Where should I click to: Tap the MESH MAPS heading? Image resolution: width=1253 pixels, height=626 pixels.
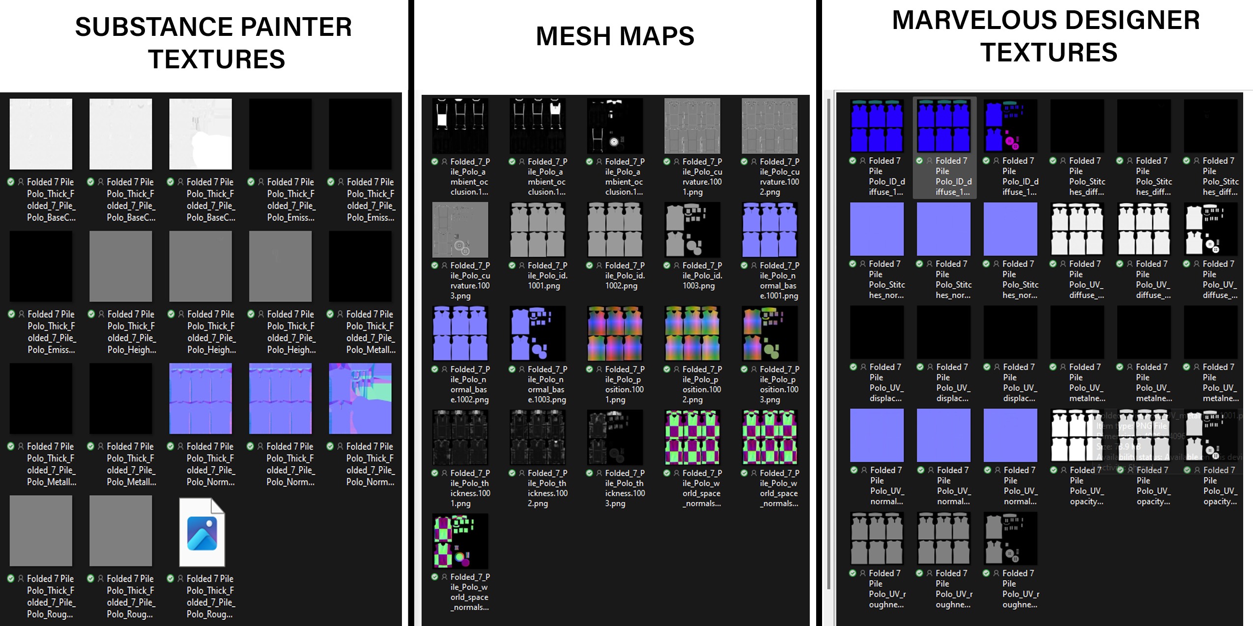click(615, 36)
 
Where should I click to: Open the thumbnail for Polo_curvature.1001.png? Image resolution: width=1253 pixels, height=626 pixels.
click(692, 126)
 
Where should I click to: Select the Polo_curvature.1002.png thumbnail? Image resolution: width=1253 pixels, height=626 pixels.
click(769, 126)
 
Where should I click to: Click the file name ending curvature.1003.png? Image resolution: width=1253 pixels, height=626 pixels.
click(470, 281)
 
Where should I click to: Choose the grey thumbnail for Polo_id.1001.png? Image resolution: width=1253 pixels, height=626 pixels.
click(538, 229)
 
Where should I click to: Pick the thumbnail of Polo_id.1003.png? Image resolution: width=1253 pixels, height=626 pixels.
click(692, 229)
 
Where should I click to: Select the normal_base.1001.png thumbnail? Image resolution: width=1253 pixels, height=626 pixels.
click(769, 229)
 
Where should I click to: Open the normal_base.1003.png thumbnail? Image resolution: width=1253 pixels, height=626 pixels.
click(538, 333)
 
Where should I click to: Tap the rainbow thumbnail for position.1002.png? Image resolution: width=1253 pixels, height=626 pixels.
click(692, 333)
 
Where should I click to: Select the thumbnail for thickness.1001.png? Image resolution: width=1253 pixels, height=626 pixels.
click(460, 437)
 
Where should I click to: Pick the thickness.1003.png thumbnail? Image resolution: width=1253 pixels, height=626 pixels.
click(615, 437)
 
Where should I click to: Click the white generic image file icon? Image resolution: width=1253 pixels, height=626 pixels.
click(201, 532)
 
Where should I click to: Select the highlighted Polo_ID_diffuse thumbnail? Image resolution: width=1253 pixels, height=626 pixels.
click(943, 126)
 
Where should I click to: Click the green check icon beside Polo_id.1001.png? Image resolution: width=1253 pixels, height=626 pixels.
click(512, 265)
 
